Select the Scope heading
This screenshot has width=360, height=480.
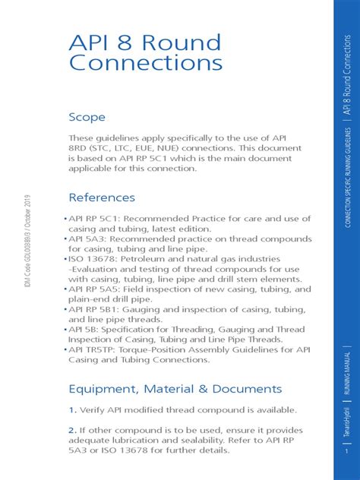coord(87,118)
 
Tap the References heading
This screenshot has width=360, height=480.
coord(102,197)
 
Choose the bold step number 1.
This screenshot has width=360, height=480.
coord(73,410)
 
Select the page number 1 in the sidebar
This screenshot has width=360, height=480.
coord(346,451)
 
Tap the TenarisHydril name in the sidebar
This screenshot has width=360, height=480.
coord(346,422)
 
